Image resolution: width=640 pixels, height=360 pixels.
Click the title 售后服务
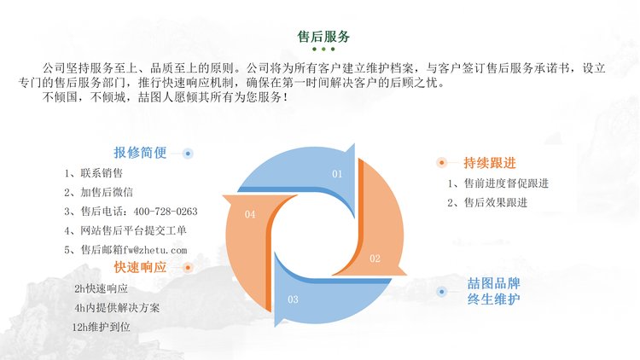pyautogui.click(x=323, y=37)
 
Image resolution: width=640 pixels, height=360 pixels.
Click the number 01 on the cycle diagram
pyautogui.click(x=337, y=174)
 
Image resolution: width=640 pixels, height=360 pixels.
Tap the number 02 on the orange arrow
pyautogui.click(x=375, y=258)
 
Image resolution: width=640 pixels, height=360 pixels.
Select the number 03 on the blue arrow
pyautogui.click(x=293, y=299)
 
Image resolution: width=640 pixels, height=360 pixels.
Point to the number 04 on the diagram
pyautogui.click(x=250, y=214)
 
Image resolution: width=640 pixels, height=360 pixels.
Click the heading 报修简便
pyautogui.click(x=140, y=153)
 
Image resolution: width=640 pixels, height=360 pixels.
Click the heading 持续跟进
pyautogui.click(x=490, y=163)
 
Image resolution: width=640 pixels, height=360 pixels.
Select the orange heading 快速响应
pyautogui.click(x=140, y=267)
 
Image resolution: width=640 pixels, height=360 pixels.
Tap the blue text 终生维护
pyautogui.click(x=493, y=299)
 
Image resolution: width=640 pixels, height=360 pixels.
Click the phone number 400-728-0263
pyautogui.click(x=166, y=212)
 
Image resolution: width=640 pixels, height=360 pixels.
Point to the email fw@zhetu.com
pyautogui.click(x=155, y=250)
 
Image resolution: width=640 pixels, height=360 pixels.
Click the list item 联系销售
pyautogui.click(x=102, y=173)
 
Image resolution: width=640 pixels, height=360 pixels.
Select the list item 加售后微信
pyautogui.click(x=107, y=192)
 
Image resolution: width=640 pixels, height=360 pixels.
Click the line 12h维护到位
pyautogui.click(x=102, y=327)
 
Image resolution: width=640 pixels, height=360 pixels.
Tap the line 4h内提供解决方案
pyautogui.click(x=117, y=308)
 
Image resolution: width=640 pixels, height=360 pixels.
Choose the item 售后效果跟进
pyautogui.click(x=496, y=202)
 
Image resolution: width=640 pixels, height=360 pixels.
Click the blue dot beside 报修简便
pyautogui.click(x=188, y=154)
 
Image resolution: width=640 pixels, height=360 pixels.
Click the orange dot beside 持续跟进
pyautogui.click(x=441, y=162)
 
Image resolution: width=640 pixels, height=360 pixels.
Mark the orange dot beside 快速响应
pyautogui.click(x=188, y=268)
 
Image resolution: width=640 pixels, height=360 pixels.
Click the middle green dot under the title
pyautogui.click(x=323, y=49)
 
